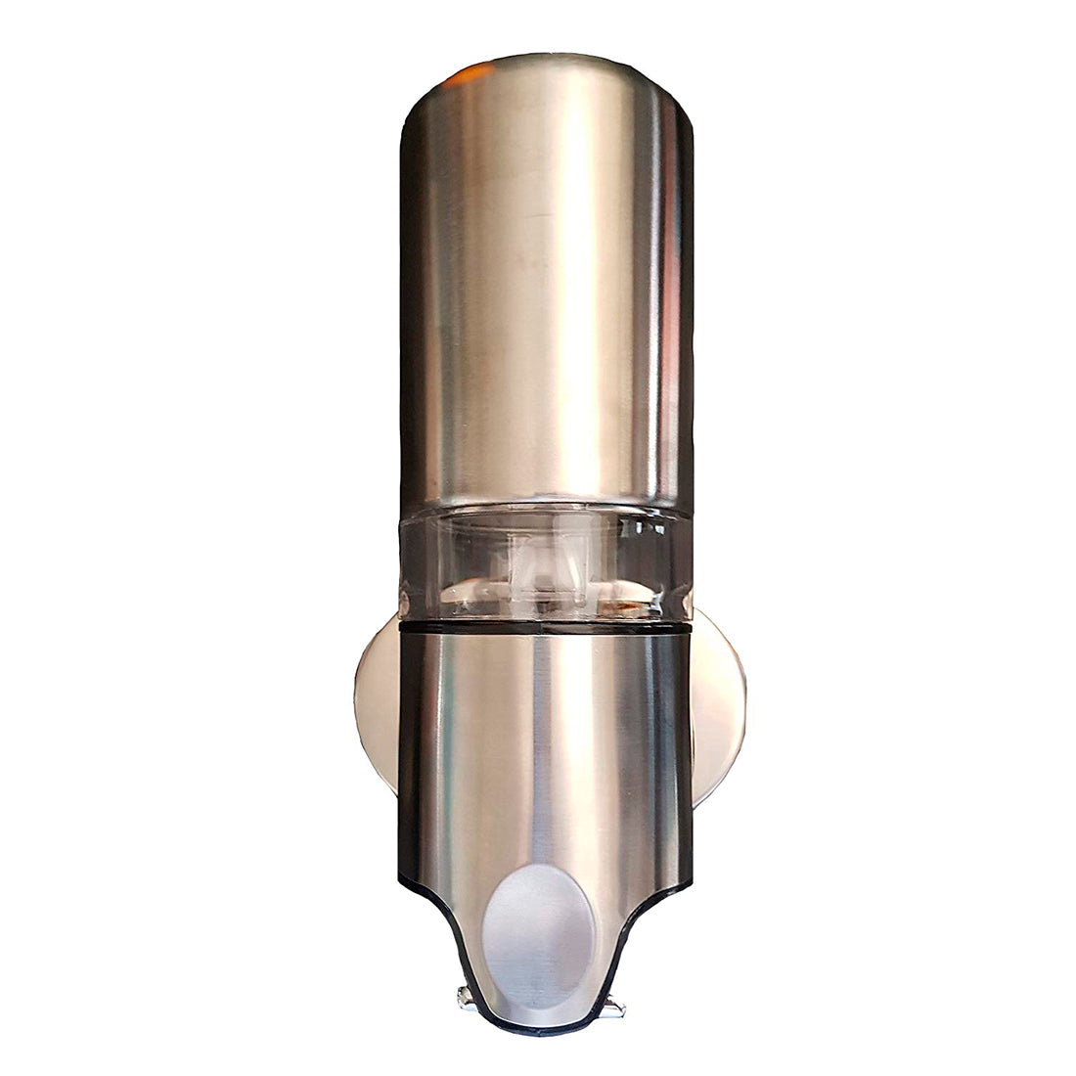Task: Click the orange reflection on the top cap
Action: (x=468, y=74)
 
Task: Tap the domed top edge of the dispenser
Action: (x=548, y=61)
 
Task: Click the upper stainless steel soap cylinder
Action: (x=548, y=293)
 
